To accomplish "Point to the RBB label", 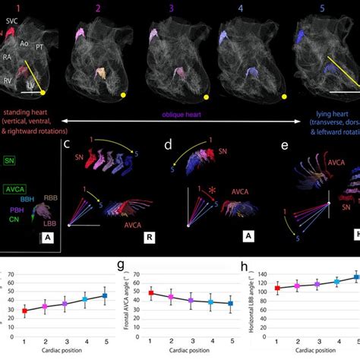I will coord(53,197).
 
